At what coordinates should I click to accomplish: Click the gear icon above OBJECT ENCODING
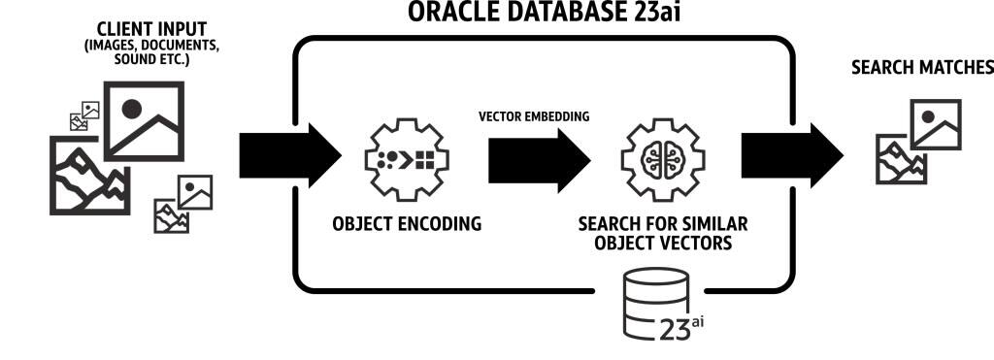coord(406,155)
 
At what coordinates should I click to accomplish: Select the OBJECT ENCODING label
coord(406,224)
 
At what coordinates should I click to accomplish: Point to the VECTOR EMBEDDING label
coord(534,116)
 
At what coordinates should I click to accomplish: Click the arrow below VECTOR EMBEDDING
coord(537,156)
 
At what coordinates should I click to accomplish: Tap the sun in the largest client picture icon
coord(133,109)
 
